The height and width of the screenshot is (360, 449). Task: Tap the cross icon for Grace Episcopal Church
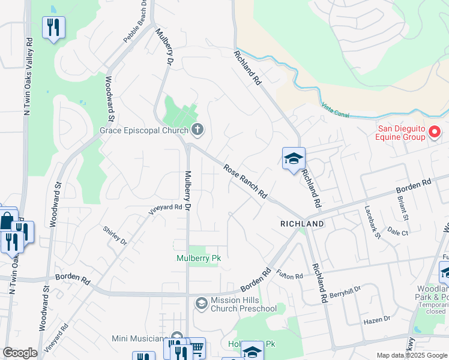[x=197, y=129]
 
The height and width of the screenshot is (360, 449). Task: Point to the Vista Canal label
[x=334, y=109]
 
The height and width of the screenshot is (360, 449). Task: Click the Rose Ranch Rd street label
[x=245, y=181]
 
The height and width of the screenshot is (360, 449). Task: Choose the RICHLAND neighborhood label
[x=302, y=224]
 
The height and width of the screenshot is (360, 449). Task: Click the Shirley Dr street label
[x=115, y=235]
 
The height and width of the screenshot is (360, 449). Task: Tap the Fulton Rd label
[x=290, y=275]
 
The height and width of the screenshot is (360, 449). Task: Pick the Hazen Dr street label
[x=377, y=320]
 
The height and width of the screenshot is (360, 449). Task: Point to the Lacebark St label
[x=372, y=222]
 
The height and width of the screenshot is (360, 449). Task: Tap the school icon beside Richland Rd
[x=294, y=159]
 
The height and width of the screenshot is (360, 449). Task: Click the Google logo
[x=20, y=353]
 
